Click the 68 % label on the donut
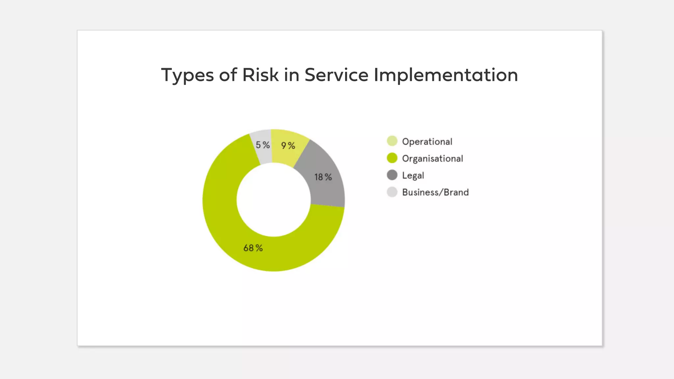[253, 248]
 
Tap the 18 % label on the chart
[323, 177]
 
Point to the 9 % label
[288, 146]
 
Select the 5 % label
[263, 145]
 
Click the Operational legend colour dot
[392, 141]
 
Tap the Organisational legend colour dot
[392, 158]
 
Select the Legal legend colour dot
[392, 175]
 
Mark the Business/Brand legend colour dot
[392, 192]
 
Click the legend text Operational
[427, 142]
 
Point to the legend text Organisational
[432, 159]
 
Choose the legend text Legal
[413, 176]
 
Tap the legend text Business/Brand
[435, 192]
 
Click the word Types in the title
[187, 76]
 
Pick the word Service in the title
[336, 75]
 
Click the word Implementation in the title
[446, 76]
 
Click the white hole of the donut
[273, 200]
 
